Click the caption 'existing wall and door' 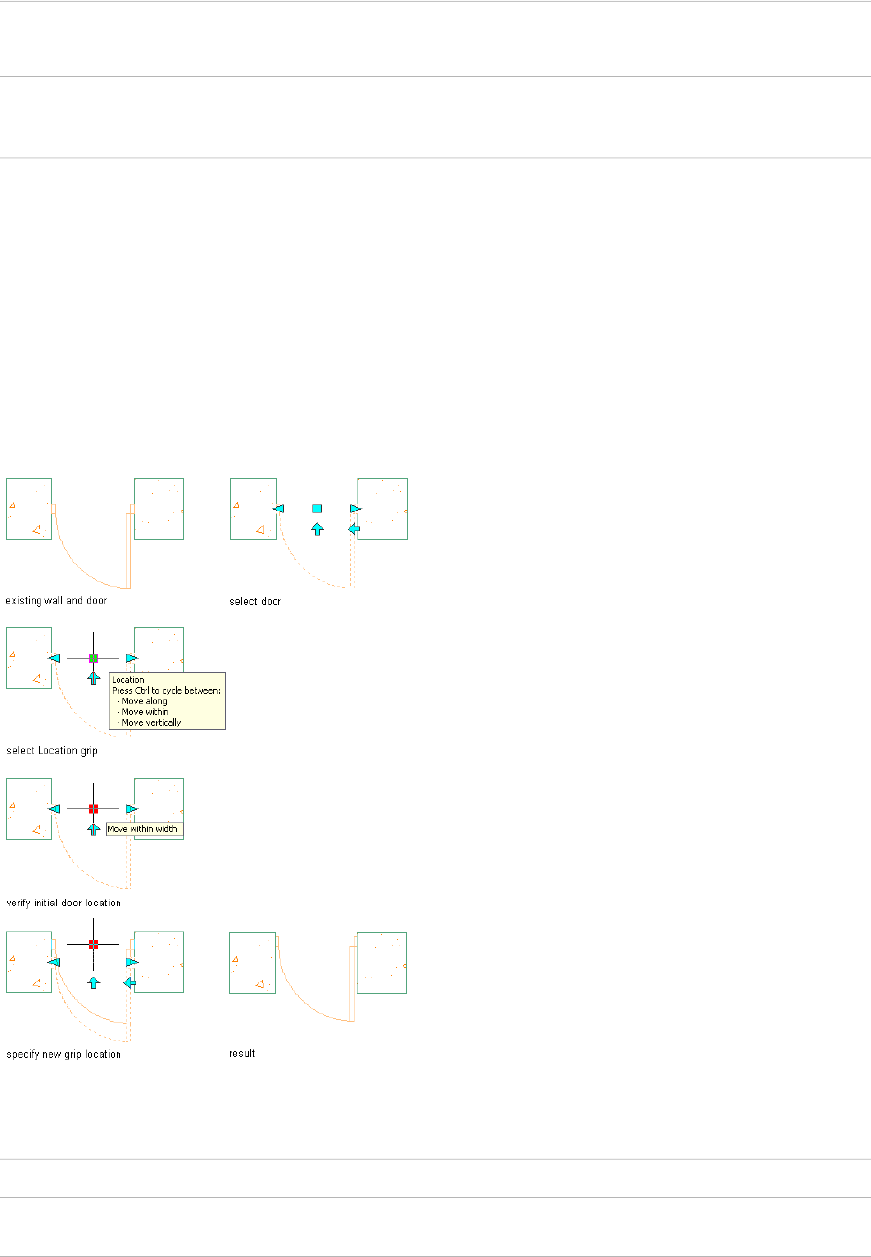(x=56, y=600)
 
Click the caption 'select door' (x=255, y=600)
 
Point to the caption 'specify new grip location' (x=63, y=1054)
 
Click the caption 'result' (x=242, y=1054)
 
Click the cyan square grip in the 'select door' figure (x=317, y=508)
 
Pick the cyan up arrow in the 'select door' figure (x=317, y=529)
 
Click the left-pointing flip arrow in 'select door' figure (x=355, y=529)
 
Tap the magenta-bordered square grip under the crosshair (x=93, y=658)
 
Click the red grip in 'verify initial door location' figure (x=93, y=809)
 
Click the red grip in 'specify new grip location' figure (x=93, y=944)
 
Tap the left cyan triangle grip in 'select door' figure (x=278, y=508)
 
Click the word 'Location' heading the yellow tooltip (x=128, y=679)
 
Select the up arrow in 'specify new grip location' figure (x=93, y=982)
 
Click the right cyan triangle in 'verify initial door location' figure (x=131, y=809)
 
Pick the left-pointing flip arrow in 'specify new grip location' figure (x=129, y=982)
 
